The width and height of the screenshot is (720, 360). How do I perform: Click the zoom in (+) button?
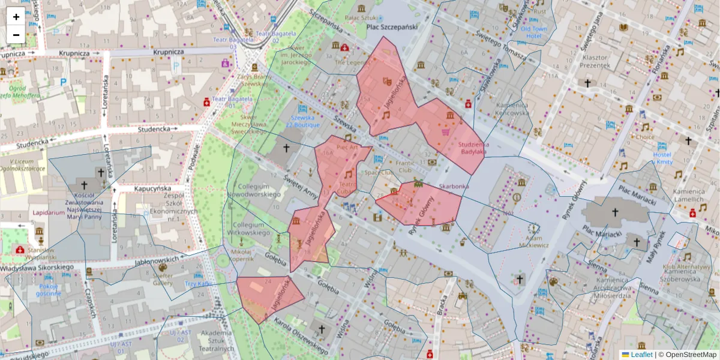(x=16, y=17)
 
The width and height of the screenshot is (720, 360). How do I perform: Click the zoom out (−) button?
(x=16, y=35)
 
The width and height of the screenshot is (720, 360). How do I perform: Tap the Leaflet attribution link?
(x=641, y=355)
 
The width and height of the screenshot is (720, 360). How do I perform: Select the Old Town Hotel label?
(x=534, y=32)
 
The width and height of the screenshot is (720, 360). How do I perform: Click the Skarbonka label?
(x=454, y=187)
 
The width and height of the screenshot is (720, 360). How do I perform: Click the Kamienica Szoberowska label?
(x=680, y=275)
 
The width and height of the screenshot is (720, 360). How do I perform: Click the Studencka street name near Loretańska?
(x=137, y=128)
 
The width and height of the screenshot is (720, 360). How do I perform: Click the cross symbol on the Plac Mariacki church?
(x=614, y=212)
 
